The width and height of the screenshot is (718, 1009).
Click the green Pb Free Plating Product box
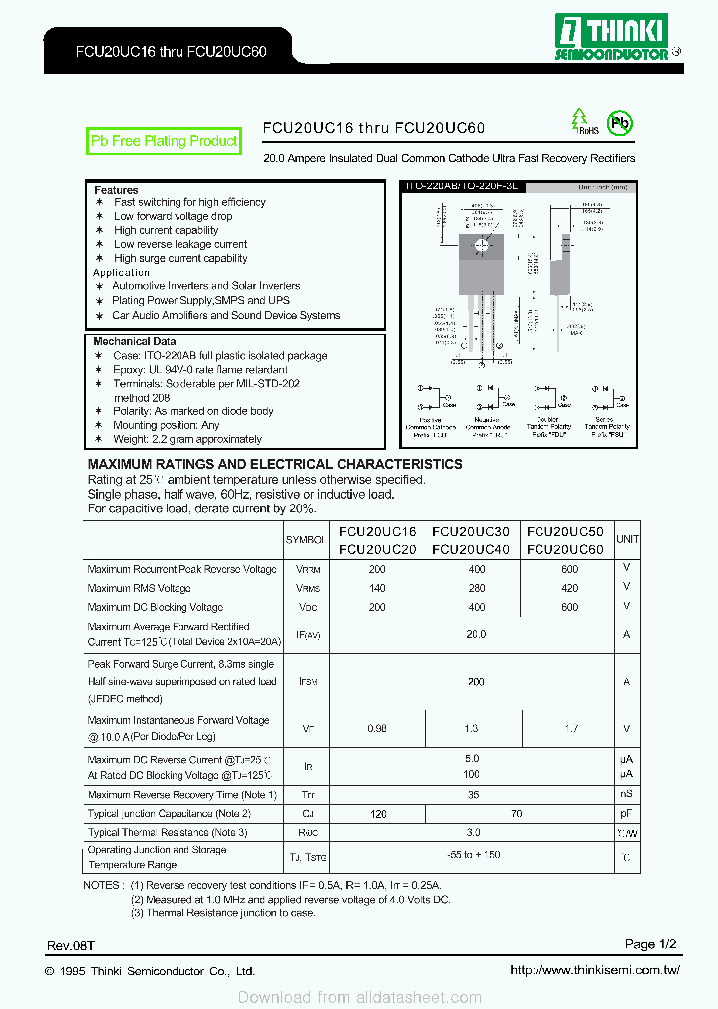[164, 142]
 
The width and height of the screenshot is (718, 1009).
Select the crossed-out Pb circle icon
[621, 123]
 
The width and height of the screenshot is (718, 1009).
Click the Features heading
[116, 190]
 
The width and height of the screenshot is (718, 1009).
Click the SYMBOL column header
[305, 539]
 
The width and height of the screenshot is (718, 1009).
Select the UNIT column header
[627, 539]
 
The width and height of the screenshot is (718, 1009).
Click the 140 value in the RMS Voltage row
[377, 588]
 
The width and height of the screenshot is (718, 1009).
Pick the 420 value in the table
[569, 588]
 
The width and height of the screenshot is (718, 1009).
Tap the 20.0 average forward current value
[475, 633]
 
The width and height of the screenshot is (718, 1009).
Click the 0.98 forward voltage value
[377, 729]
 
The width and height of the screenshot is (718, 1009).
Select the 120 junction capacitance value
[377, 814]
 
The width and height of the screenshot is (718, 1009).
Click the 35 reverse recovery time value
[473, 795]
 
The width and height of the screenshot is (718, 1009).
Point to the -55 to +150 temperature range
[474, 855]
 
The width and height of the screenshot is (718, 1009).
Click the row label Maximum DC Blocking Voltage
[156, 607]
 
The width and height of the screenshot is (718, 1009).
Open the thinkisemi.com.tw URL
[594, 970]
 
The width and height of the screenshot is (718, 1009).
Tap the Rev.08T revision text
[71, 944]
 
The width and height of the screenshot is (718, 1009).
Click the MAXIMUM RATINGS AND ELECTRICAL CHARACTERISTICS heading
[274, 464]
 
